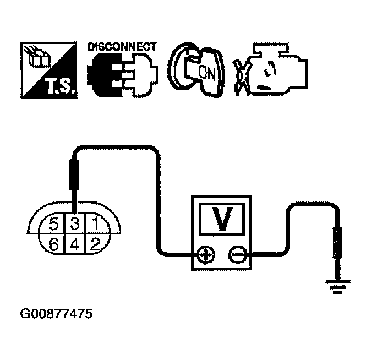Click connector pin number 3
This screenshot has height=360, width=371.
pyautogui.click(x=75, y=223)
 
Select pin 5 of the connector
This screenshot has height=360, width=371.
pyautogui.click(x=54, y=223)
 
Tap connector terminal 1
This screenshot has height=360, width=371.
pyautogui.click(x=95, y=223)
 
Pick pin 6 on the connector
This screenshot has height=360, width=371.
pyautogui.click(x=54, y=244)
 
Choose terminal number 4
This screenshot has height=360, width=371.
pyautogui.click(x=75, y=244)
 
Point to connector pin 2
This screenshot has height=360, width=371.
pyautogui.click(x=95, y=244)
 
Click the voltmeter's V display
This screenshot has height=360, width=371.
pyautogui.click(x=221, y=219)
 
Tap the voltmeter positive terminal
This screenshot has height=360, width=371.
pyautogui.click(x=206, y=255)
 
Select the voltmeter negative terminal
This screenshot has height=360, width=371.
pyautogui.click(x=238, y=255)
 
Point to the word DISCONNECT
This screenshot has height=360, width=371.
pyautogui.click(x=122, y=47)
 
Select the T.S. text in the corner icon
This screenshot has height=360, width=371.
pyautogui.click(x=61, y=86)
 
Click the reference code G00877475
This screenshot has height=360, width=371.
pyautogui.click(x=56, y=314)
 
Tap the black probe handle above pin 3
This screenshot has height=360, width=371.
pyautogui.click(x=74, y=174)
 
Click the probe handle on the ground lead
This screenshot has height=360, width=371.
pyautogui.click(x=337, y=242)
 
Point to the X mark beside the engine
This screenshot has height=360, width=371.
pyautogui.click(x=242, y=78)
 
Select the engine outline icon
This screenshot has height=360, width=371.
pyautogui.click(x=277, y=69)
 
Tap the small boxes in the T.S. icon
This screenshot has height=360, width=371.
pyautogui.click(x=38, y=57)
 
